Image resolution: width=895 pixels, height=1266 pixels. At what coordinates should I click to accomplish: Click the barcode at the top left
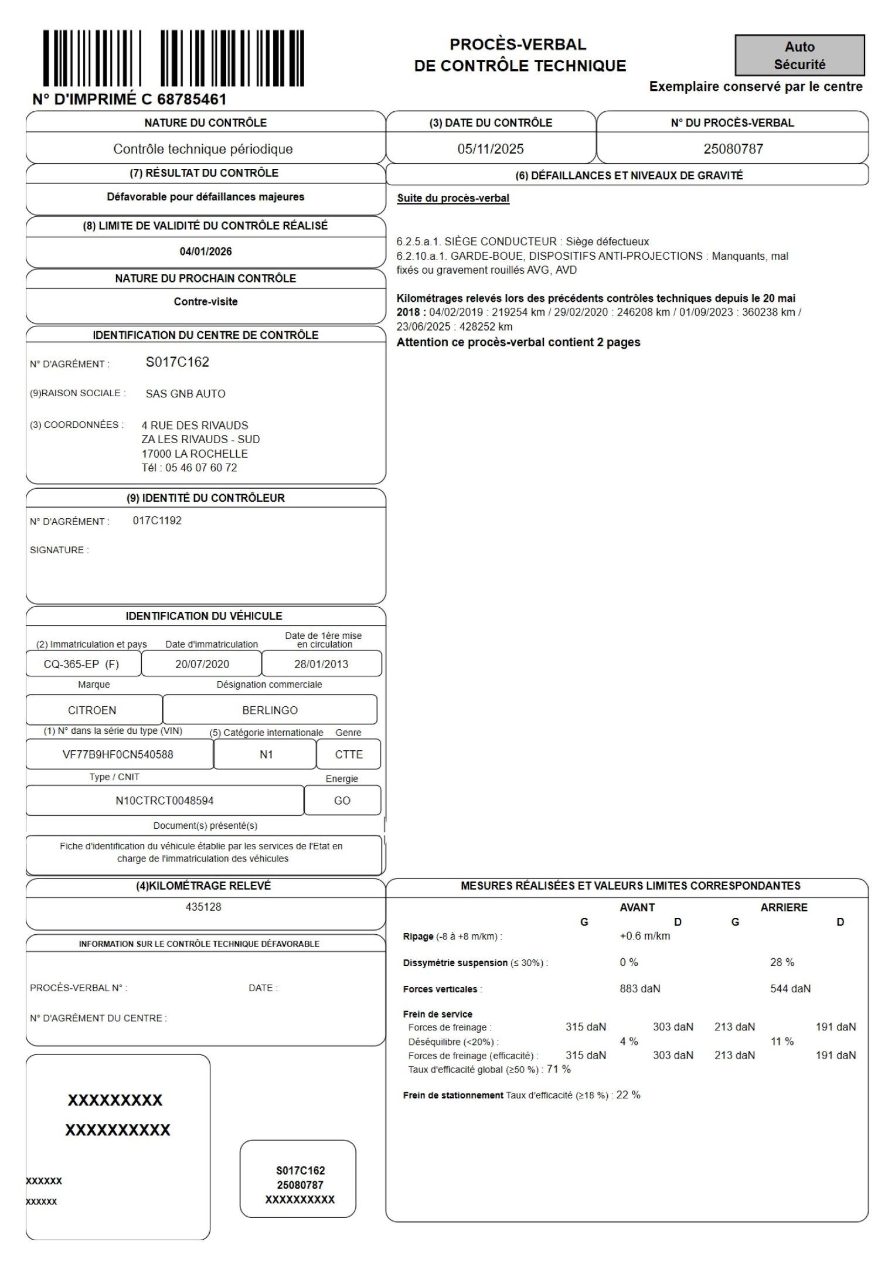[173, 59]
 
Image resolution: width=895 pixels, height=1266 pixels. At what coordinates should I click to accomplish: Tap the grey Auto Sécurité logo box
[799, 56]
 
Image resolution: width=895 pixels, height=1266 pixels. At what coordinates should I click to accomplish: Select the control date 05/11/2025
[491, 149]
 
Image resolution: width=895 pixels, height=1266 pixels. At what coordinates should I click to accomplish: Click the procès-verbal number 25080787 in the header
[733, 149]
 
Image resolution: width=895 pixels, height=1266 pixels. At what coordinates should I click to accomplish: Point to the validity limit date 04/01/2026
[206, 252]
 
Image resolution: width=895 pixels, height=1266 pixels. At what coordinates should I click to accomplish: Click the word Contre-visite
[206, 302]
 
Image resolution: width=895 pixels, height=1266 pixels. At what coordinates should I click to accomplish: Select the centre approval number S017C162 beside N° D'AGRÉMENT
[178, 362]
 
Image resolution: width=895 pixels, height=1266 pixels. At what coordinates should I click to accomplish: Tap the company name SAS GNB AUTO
[185, 394]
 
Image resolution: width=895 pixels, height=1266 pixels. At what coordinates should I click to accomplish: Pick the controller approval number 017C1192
[157, 520]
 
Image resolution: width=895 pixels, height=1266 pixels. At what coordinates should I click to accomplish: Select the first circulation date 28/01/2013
[321, 664]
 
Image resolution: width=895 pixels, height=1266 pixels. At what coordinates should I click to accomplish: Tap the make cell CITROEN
[92, 710]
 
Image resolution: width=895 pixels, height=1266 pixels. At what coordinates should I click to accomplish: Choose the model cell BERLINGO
[270, 710]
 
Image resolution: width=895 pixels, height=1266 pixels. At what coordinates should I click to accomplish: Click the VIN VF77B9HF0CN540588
[118, 754]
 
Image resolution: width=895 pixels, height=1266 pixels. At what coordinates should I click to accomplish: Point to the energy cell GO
[342, 801]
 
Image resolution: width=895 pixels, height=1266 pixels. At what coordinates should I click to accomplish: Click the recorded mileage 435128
[203, 907]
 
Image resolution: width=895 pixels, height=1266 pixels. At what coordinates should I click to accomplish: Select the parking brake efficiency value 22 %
[628, 1095]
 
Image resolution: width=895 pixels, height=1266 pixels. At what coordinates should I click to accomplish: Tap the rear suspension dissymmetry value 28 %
[782, 962]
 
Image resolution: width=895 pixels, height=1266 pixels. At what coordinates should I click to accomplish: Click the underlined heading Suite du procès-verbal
[453, 198]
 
